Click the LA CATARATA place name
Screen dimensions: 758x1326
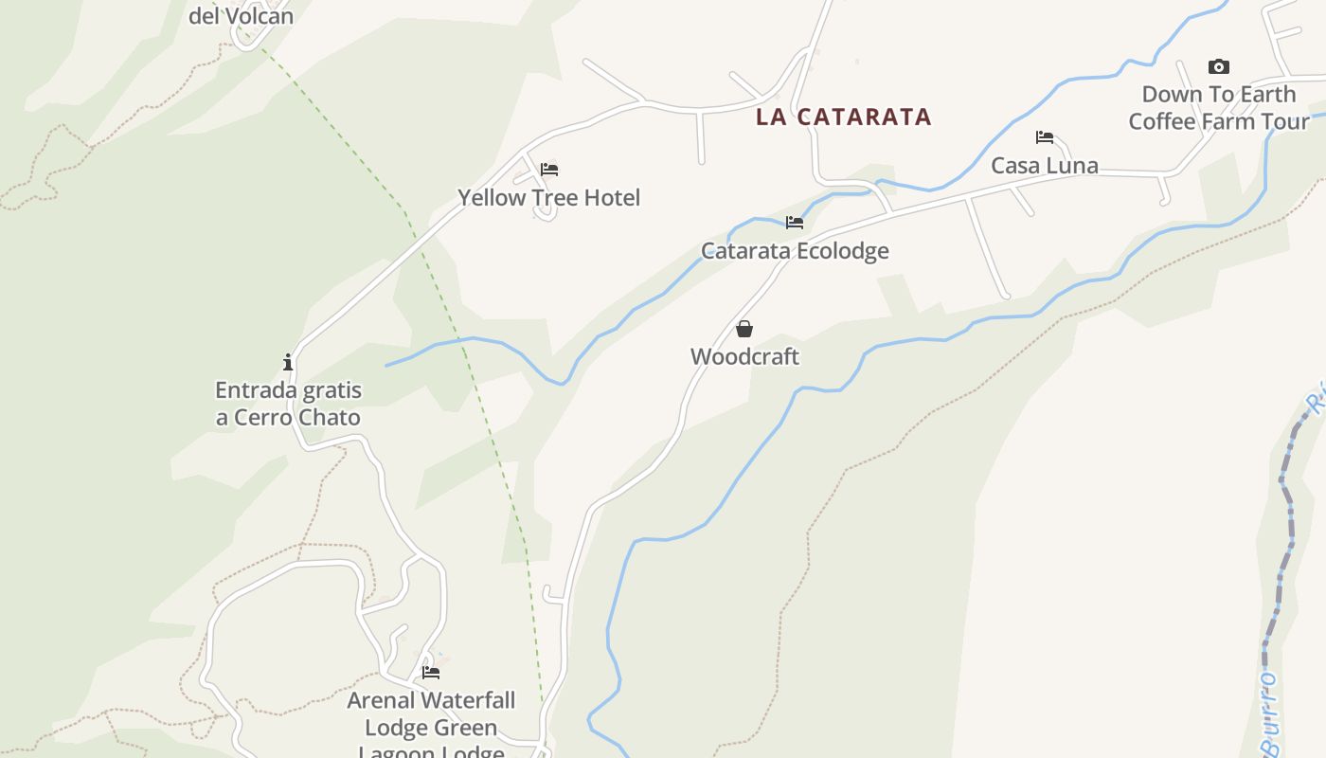[844, 117]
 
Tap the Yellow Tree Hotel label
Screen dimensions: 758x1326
[549, 198]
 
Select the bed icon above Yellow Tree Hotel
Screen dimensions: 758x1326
[549, 170]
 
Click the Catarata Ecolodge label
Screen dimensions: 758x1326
[795, 251]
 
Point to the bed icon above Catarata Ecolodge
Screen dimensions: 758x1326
[795, 223]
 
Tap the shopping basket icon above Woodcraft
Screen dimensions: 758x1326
[744, 329]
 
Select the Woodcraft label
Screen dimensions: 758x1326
[744, 357]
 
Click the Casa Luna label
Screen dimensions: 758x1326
[1045, 166]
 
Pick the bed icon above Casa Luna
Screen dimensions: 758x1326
[1045, 137]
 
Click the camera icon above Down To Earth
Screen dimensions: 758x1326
[1219, 66]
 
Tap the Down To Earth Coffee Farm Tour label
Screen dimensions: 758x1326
[1219, 108]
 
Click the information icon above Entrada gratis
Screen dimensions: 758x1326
[288, 362]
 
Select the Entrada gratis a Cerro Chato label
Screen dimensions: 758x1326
[288, 404]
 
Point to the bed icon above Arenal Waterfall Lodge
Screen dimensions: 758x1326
[431, 673]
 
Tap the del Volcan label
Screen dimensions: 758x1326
[242, 16]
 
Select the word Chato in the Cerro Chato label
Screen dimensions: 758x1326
[329, 418]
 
